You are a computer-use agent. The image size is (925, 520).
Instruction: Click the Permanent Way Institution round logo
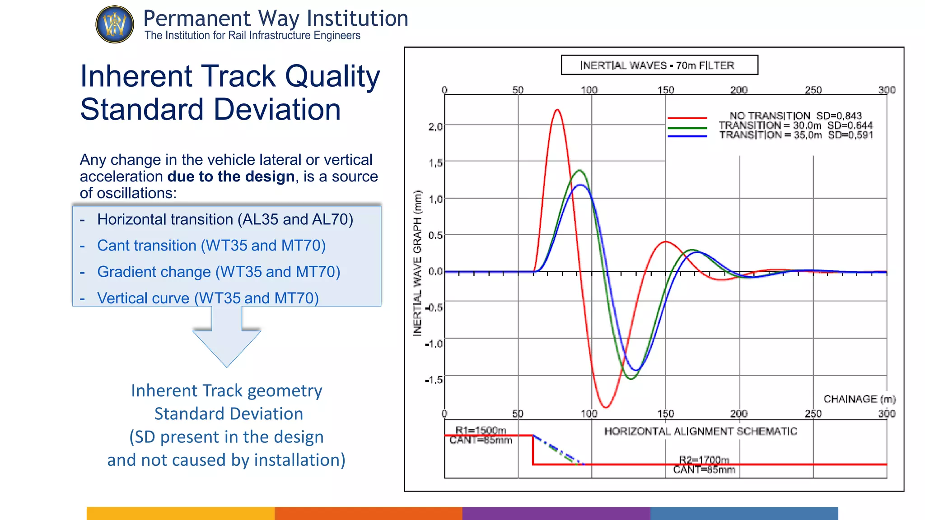pos(115,24)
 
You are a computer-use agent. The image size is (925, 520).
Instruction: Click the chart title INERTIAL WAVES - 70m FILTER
pos(658,65)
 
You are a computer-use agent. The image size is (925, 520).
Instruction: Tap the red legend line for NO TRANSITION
pos(687,118)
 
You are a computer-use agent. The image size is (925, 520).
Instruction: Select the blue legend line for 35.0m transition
pos(687,136)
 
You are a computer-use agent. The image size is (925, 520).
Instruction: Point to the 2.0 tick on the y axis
pos(435,127)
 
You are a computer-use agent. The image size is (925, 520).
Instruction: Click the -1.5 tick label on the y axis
pos(434,380)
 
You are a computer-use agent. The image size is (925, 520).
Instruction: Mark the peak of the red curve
pos(557,110)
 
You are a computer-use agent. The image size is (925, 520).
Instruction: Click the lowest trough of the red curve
pos(606,407)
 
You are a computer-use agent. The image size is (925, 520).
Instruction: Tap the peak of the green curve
pos(579,171)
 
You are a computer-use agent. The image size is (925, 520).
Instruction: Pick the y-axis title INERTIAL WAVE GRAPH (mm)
pos(417,263)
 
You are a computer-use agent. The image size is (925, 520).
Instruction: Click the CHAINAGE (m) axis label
pos(860,399)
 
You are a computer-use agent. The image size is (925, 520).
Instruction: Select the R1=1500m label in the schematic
pos(481,430)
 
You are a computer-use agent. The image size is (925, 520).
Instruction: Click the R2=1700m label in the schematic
pos(704,460)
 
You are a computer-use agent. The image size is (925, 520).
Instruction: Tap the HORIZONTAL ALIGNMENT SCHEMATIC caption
pos(701,432)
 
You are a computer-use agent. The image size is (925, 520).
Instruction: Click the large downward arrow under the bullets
pos(227,336)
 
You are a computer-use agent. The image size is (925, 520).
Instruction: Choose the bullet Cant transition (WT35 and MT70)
pos(211,246)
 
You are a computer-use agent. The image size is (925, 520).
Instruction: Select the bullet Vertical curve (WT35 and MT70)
pos(208,298)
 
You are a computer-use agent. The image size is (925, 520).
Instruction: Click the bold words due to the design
pos(231,176)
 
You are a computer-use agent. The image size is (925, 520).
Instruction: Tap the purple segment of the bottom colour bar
pos(556,513)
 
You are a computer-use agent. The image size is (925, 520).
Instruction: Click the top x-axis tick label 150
pos(665,90)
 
